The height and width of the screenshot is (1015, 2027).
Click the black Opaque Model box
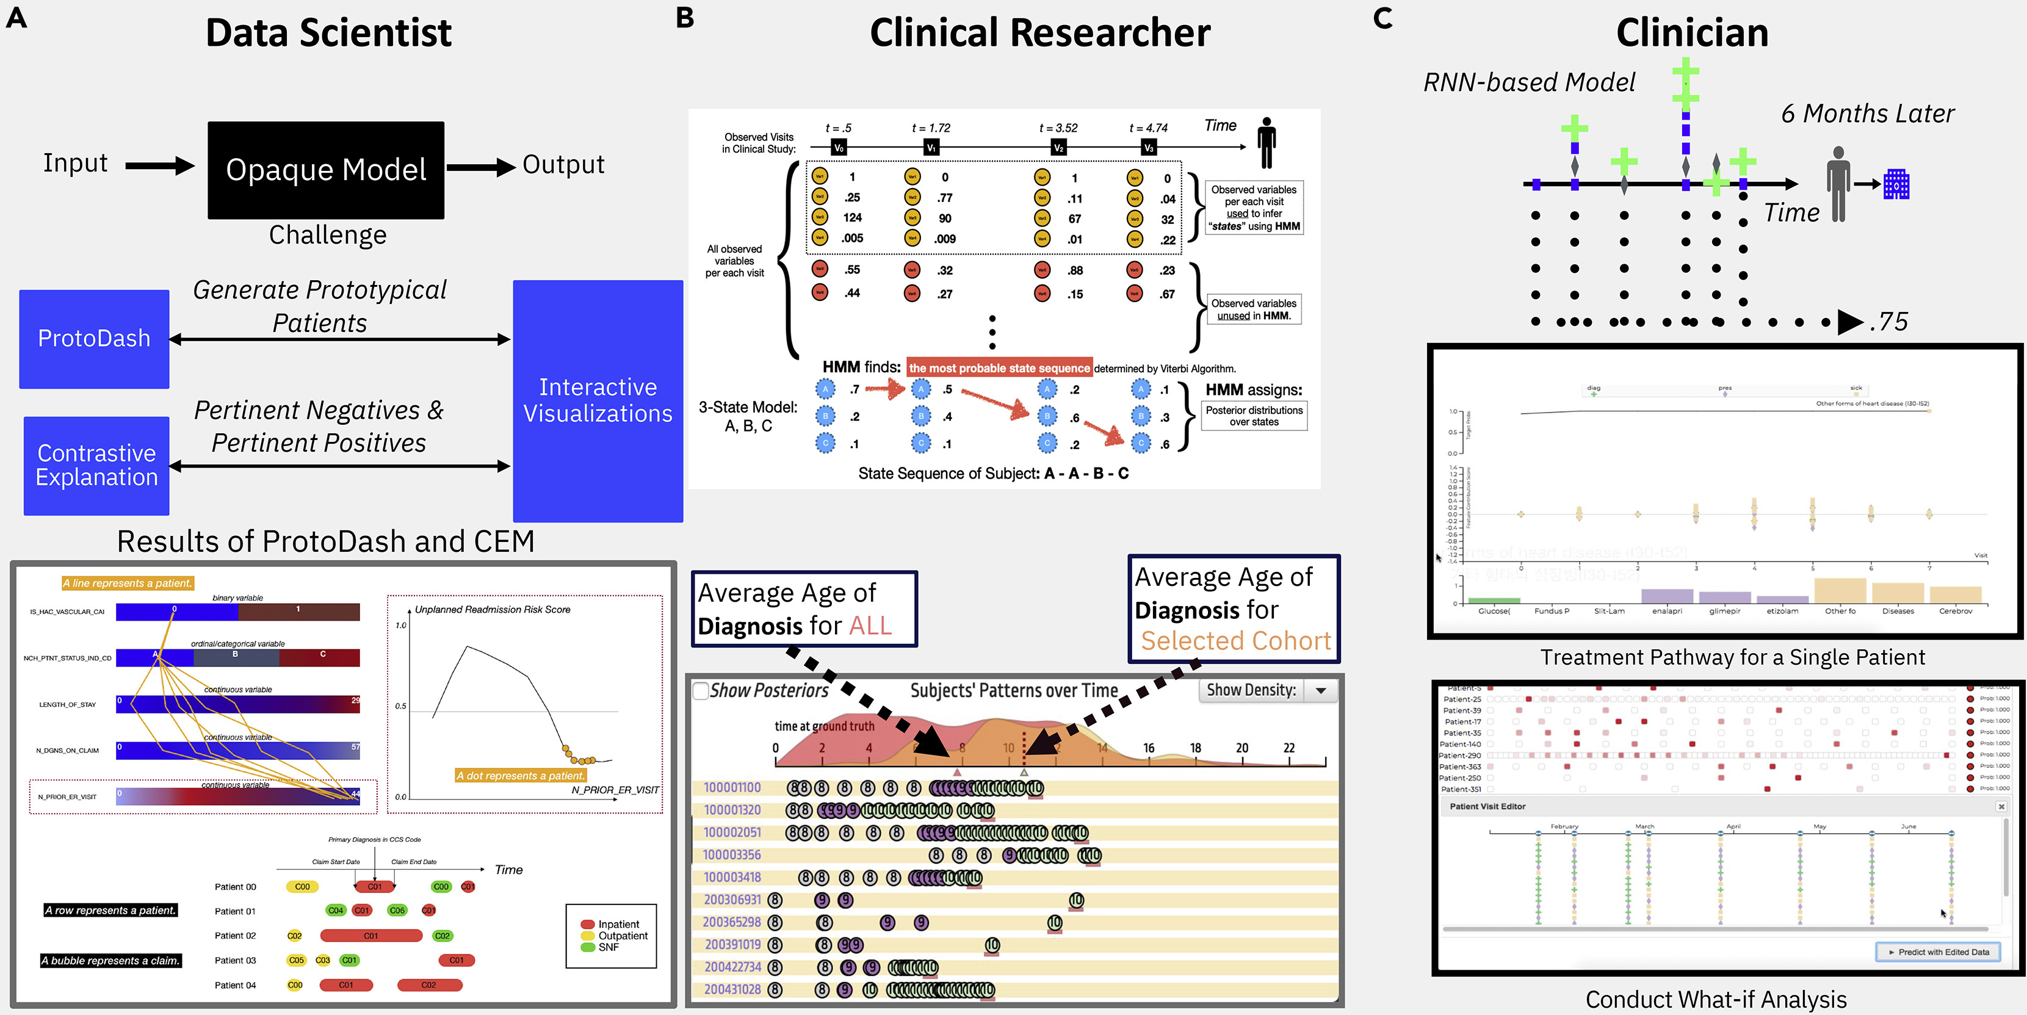(x=326, y=170)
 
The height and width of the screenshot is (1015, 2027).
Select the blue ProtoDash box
(x=95, y=338)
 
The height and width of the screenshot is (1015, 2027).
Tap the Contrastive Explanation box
(x=96, y=465)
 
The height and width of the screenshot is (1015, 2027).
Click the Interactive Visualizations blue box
(x=598, y=400)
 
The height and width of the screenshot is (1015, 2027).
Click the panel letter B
(x=685, y=17)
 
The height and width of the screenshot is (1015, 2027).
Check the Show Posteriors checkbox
(x=700, y=691)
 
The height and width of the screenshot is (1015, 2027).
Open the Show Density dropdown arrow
(x=1321, y=691)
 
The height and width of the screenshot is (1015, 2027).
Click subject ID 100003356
(x=731, y=854)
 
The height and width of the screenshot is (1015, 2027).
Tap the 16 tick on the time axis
(x=1148, y=748)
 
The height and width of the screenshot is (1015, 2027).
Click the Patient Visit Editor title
(x=1487, y=806)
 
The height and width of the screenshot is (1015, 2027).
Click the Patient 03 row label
(x=234, y=960)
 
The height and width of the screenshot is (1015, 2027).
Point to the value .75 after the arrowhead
(x=1888, y=321)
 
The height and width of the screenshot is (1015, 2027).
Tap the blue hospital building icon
(x=1896, y=184)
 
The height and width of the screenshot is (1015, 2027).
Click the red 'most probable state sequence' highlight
(x=999, y=367)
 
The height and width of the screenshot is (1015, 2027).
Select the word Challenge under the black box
(x=327, y=234)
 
